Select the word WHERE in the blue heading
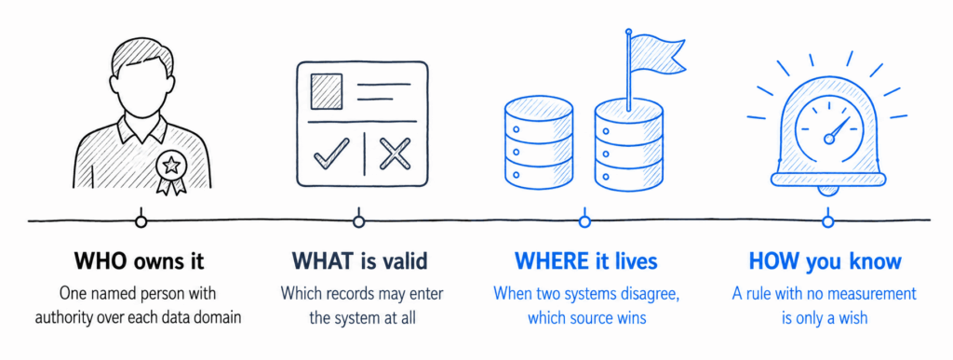click(546, 261)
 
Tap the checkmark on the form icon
click(331, 153)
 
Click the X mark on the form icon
click(395, 153)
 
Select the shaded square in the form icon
click(327, 92)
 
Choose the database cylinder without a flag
click(539, 144)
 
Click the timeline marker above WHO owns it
click(141, 221)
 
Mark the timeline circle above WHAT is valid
click(358, 221)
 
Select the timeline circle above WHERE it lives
click(584, 221)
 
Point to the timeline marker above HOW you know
click(827, 221)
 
